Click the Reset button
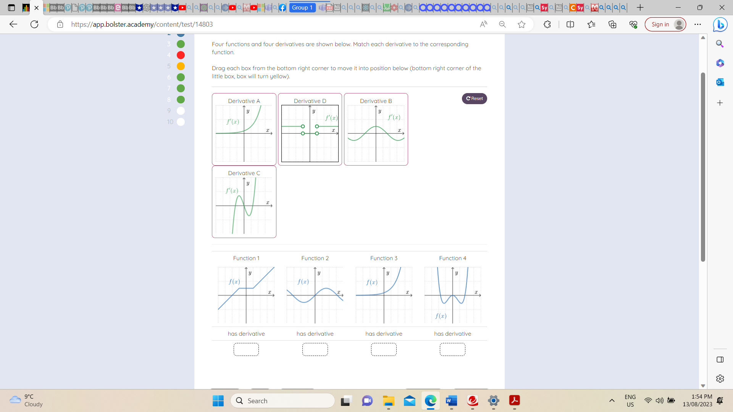pos(474,98)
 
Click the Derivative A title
pos(244,101)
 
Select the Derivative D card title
pos(310,101)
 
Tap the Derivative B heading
pos(376,101)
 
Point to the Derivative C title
pos(244,173)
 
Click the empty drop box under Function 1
pos(246,349)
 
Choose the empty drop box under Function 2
pos(315,349)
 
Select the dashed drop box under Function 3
pos(384,349)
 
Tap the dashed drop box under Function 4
pos(452,349)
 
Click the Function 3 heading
pos(384,258)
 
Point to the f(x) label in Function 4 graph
pos(441,316)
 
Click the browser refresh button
pos(34,24)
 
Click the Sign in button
pos(665,24)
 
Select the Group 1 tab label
pos(302,8)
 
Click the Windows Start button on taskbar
pos(218,401)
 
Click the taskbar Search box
pos(283,401)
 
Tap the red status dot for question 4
pos(181,55)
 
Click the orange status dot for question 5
pos(181,66)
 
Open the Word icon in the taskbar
pos(451,401)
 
